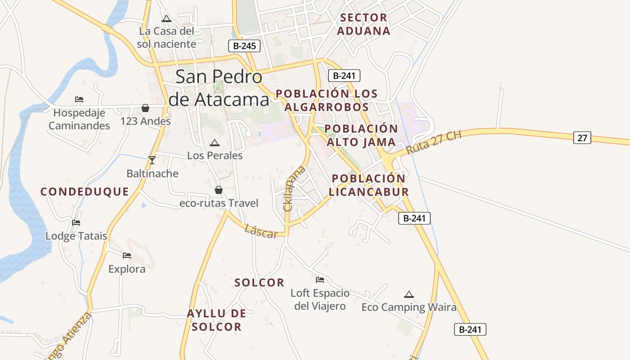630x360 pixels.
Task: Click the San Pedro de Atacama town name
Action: [219, 88]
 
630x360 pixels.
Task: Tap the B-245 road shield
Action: [244, 45]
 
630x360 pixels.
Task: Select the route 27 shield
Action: [582, 138]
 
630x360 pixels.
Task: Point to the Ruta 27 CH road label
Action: [434, 143]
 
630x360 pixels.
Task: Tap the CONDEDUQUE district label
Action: [85, 192]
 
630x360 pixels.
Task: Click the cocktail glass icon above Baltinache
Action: [152, 160]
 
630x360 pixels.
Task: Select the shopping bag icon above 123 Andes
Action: [145, 108]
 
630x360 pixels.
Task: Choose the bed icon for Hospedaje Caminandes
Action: [79, 99]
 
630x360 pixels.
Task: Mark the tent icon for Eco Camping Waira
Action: [409, 294]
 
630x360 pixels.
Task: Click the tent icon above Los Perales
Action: [215, 143]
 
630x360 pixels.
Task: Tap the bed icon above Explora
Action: [127, 256]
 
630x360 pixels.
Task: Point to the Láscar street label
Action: [261, 232]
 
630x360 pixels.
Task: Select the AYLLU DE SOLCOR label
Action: [216, 320]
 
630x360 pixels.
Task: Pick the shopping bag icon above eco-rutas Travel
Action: [219, 190]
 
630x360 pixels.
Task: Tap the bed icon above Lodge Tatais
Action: [76, 222]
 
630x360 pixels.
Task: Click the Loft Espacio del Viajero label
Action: [319, 300]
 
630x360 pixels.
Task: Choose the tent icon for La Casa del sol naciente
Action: [166, 18]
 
